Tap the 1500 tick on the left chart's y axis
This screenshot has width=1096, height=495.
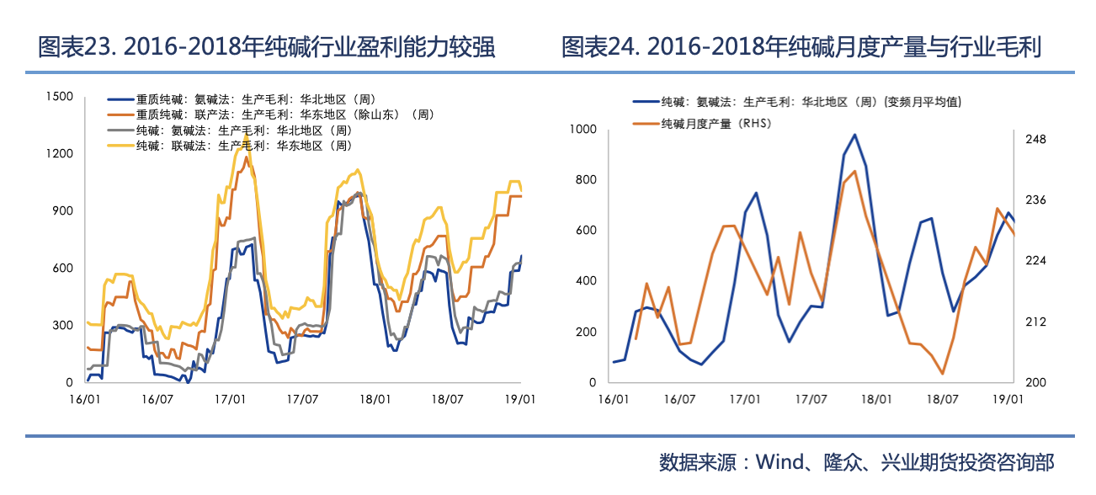60,97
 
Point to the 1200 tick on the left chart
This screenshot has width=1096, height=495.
60,154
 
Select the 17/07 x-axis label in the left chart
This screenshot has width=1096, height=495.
301,398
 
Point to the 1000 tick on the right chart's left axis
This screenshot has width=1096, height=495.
583,129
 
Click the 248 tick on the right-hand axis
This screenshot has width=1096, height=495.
1035,140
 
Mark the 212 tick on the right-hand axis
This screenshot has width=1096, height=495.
1035,322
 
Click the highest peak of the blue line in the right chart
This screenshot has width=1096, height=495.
854,135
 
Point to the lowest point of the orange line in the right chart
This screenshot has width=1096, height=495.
943,374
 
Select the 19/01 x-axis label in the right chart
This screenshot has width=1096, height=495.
1008,398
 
